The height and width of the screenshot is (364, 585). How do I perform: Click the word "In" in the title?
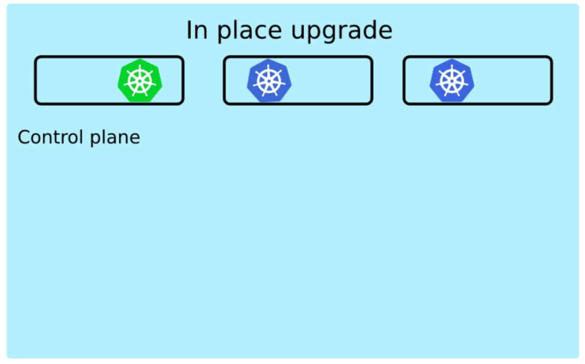(195, 31)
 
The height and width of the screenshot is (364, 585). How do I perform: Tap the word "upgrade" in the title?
(341, 31)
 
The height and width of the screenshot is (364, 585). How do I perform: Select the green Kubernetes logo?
(140, 81)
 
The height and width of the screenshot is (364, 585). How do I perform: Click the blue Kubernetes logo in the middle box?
(269, 81)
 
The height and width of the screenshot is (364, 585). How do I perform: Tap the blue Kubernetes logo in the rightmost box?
(452, 81)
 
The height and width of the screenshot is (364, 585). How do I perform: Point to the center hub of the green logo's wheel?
(140, 81)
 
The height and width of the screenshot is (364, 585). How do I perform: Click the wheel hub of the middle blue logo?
(269, 81)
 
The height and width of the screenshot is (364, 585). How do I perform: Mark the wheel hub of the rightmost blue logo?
(452, 81)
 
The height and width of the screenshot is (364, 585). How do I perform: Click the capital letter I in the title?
(189, 30)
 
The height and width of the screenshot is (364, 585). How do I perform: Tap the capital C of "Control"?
(24, 137)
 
